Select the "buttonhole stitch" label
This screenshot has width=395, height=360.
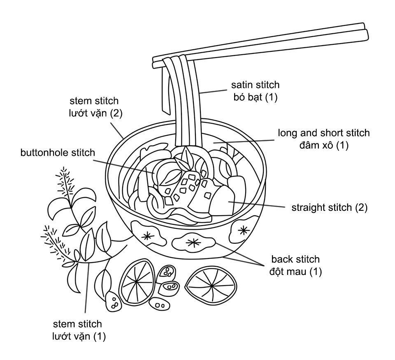[58, 152]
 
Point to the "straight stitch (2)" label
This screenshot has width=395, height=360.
[329, 207]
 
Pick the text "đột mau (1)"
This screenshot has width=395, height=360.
[295, 272]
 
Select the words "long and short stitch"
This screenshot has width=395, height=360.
[323, 133]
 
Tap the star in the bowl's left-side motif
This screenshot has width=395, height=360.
[146, 235]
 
